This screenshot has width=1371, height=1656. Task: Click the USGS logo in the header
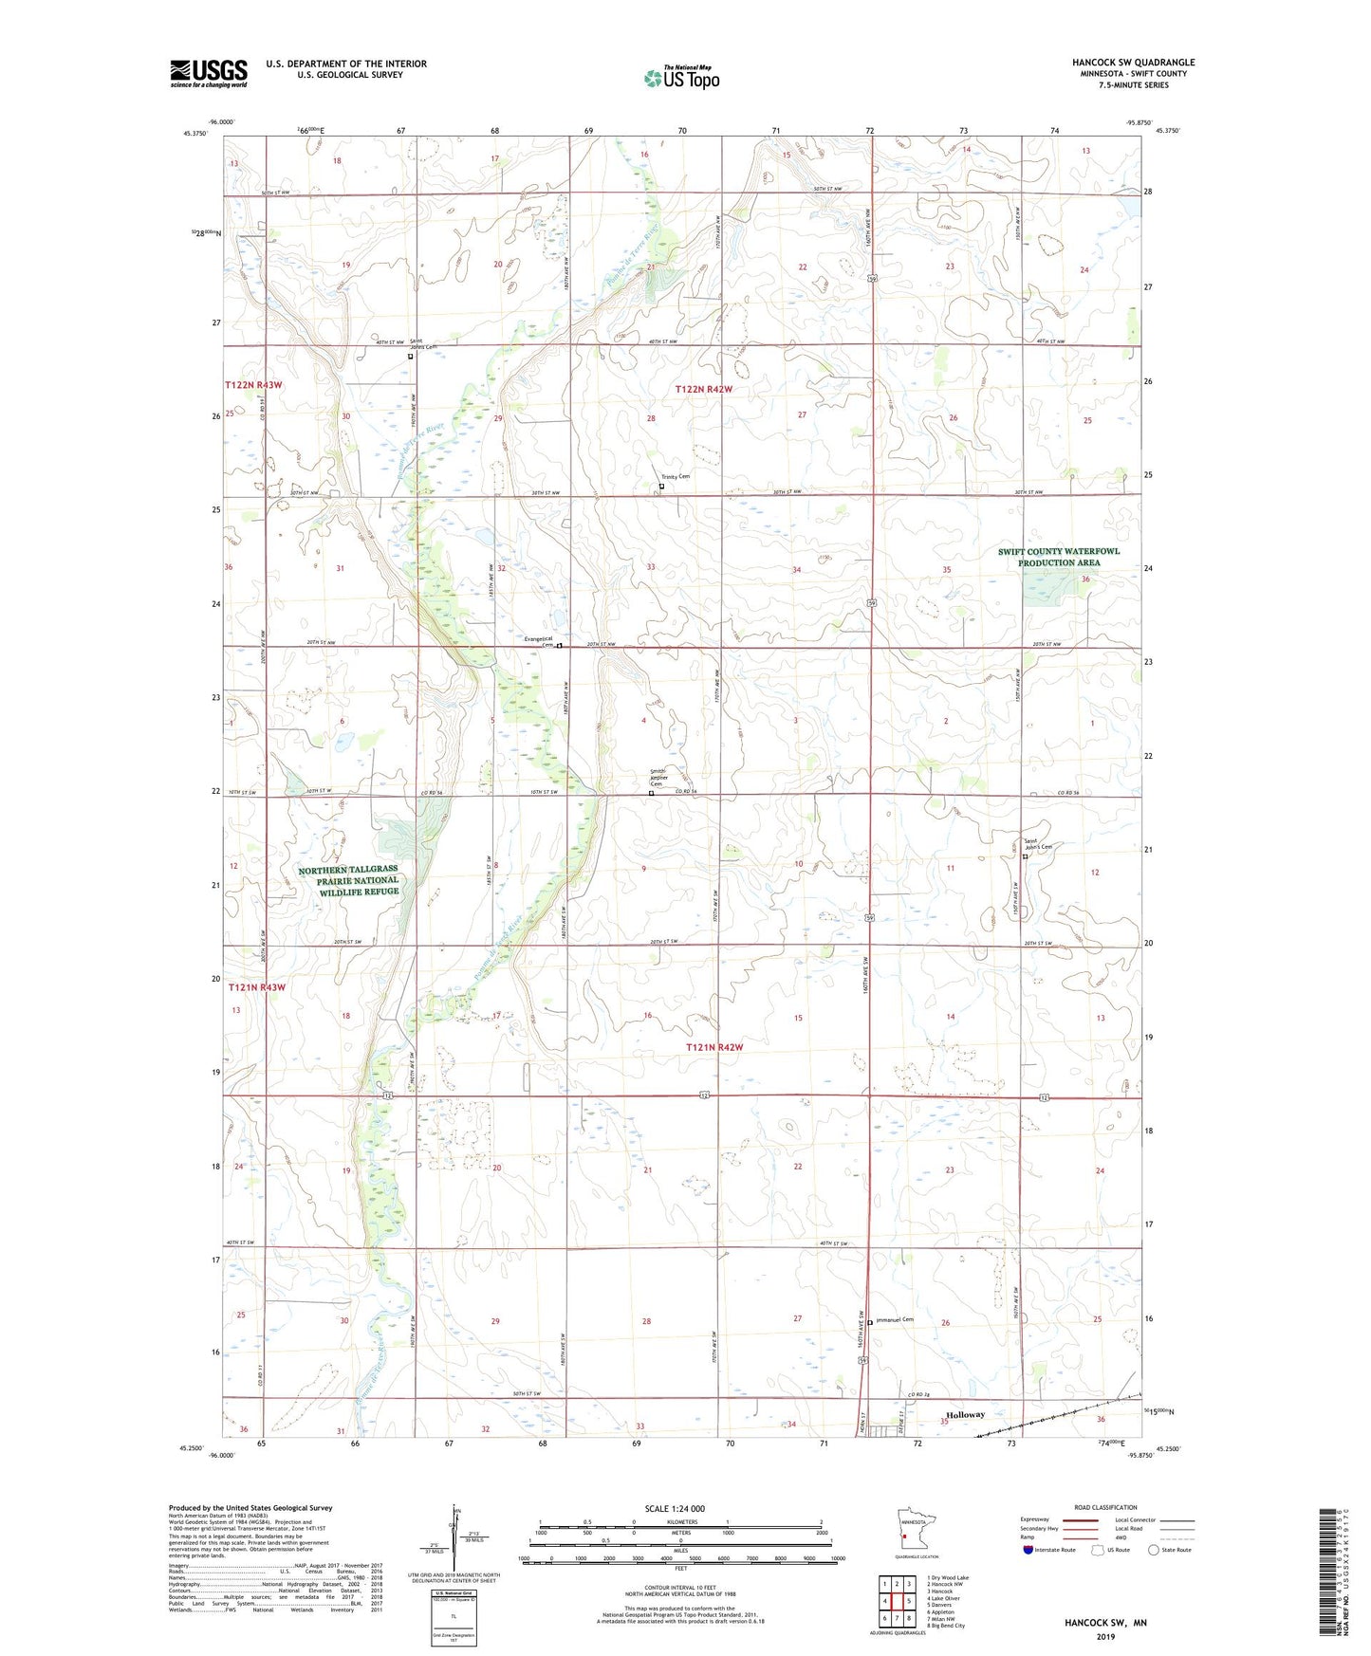[x=209, y=73]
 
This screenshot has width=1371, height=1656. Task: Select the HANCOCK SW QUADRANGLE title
[x=1134, y=63]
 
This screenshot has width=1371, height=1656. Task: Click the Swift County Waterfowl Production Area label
[x=1059, y=557]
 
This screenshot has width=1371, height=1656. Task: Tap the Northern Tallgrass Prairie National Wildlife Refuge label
[x=348, y=880]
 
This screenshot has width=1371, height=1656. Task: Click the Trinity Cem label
[x=676, y=477]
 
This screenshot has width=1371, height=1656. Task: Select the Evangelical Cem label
[x=539, y=641]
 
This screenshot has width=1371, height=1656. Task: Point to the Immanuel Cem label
[x=894, y=1319]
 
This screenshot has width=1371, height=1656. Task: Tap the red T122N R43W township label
[x=253, y=385]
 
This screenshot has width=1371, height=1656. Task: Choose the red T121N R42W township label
[x=714, y=1047]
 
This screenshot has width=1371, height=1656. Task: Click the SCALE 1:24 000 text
[x=675, y=1509]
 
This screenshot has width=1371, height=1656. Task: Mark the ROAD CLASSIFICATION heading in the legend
[x=1105, y=1507]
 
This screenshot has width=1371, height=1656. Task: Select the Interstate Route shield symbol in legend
[x=1030, y=1550]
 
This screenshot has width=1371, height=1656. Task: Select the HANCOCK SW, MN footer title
[x=1105, y=1623]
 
